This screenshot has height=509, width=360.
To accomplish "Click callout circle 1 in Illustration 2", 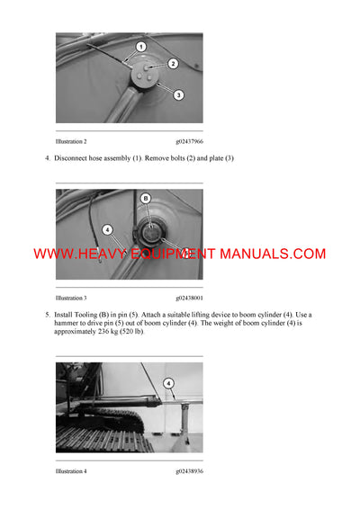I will click(x=141, y=46).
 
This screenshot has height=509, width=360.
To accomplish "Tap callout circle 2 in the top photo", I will click(x=174, y=64).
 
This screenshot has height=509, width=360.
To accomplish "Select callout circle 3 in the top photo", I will click(x=178, y=94).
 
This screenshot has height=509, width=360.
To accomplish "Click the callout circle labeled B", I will click(x=146, y=198).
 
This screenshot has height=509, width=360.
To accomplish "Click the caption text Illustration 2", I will click(x=71, y=142).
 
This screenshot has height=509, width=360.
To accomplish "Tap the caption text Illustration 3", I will click(x=71, y=298).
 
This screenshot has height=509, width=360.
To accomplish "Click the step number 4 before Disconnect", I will click(x=47, y=159).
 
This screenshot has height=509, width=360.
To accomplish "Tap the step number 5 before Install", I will click(x=47, y=315).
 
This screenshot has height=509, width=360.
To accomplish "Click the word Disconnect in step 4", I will click(x=76, y=159).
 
